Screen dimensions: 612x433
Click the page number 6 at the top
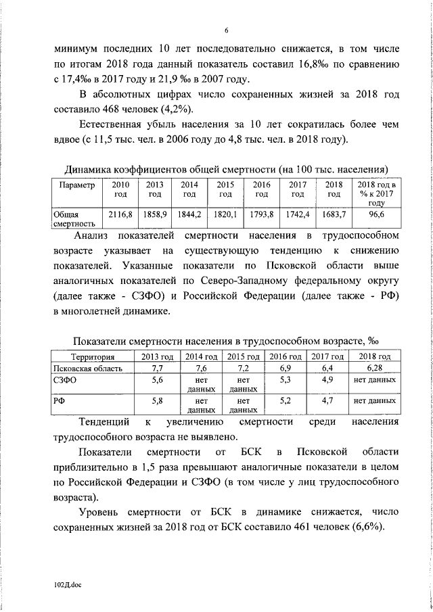tap(227, 30)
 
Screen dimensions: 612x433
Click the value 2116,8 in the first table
tap(119, 214)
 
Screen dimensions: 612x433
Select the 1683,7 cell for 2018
tap(333, 214)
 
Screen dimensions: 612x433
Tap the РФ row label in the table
tap(60, 401)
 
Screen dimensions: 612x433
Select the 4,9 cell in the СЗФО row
tap(327, 381)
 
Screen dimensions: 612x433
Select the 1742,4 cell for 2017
tap(297, 214)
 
